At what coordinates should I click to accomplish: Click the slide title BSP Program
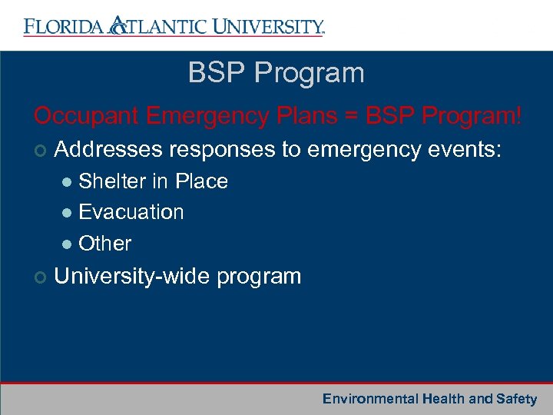pos(276,74)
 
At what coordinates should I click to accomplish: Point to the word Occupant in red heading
pos(84,116)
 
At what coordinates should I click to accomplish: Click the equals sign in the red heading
pos(352,117)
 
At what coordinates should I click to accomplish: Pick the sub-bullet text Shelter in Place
pos(153,181)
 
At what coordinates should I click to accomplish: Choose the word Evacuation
pos(131,212)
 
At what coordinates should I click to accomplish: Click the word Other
pos(105,244)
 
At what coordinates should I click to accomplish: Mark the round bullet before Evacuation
pos(68,213)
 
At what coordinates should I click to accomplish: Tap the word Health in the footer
pos(443,399)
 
